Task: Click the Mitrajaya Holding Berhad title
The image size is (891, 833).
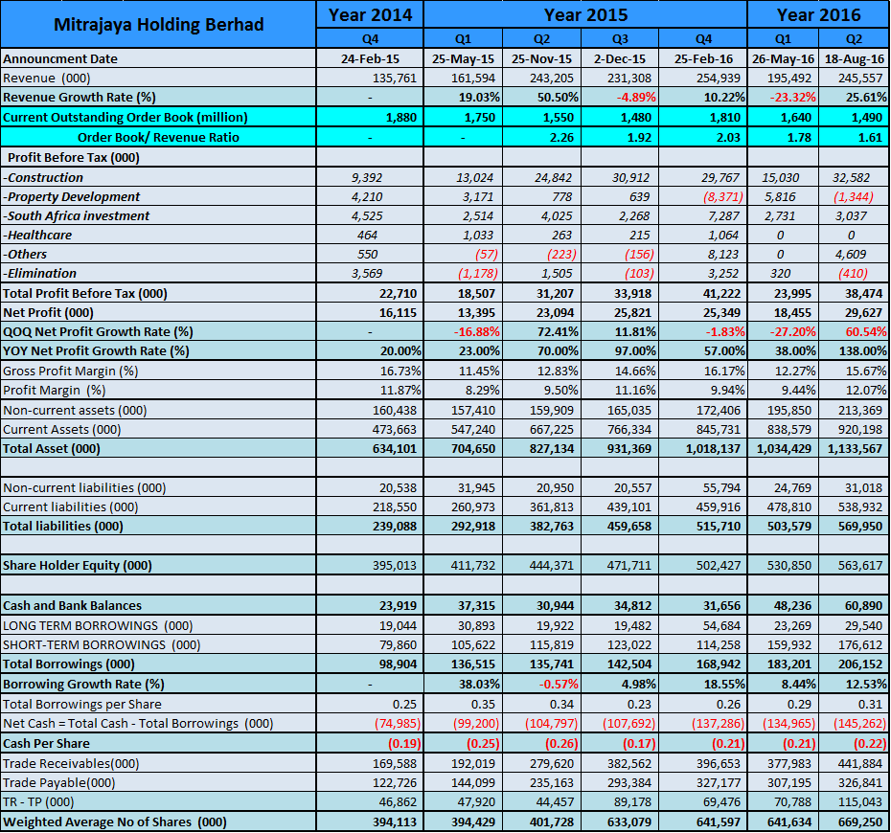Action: click(159, 24)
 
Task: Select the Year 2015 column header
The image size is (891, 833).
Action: click(585, 14)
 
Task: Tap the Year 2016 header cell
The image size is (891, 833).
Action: click(818, 14)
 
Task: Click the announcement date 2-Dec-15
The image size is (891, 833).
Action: click(626, 58)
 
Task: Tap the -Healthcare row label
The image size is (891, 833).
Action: click(37, 235)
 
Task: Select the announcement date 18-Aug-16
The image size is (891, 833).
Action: click(855, 58)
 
